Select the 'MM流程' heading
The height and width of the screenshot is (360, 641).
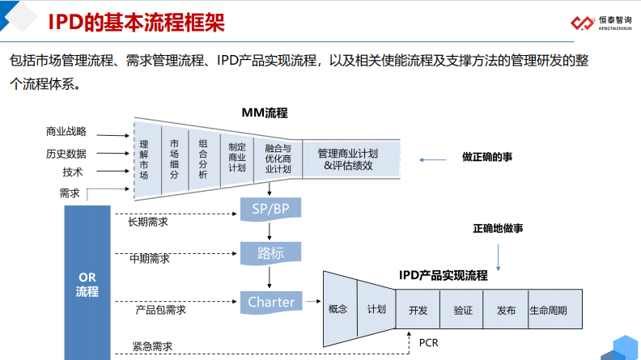click(x=265, y=112)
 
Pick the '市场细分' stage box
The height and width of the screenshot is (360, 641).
click(x=174, y=158)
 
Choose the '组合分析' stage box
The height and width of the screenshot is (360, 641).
click(x=203, y=158)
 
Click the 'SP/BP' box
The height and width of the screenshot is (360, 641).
click(x=270, y=209)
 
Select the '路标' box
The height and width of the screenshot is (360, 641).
click(x=270, y=253)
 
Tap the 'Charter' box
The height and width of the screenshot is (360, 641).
click(x=271, y=303)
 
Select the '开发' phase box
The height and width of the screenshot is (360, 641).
click(x=418, y=310)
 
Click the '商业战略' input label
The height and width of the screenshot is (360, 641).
click(x=66, y=132)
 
